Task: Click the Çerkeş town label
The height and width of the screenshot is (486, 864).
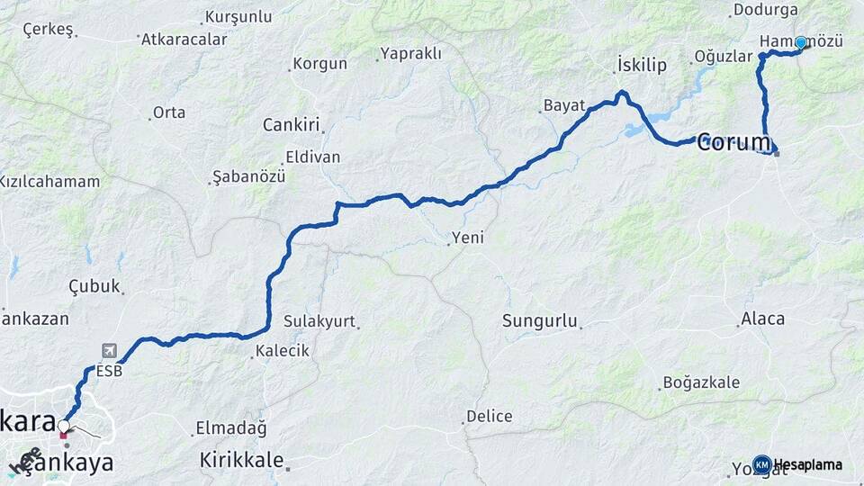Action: [x=48, y=29]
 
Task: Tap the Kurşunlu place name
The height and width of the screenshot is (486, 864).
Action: [x=238, y=16]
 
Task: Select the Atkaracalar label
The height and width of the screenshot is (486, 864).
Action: [x=184, y=40]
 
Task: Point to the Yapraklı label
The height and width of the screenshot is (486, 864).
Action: [x=411, y=53]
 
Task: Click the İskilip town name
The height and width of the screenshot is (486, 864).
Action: [x=642, y=64]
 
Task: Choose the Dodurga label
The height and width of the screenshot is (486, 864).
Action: [x=765, y=10]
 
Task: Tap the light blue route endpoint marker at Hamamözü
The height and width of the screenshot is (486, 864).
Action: [x=800, y=42]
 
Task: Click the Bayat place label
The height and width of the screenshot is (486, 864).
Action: [x=564, y=105]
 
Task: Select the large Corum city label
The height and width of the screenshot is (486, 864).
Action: [x=734, y=141]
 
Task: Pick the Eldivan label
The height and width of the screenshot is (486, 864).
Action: [x=312, y=157]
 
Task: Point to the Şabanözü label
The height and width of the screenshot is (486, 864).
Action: [x=248, y=176]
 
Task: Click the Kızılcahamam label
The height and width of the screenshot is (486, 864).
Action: [x=49, y=182]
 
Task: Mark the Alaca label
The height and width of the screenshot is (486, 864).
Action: [x=762, y=319]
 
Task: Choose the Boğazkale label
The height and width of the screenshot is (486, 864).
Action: [x=701, y=382]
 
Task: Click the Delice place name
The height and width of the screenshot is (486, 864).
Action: [x=490, y=417]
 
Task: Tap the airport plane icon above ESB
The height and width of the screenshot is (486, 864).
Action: [x=109, y=350]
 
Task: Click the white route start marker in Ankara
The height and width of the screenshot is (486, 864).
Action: [x=64, y=425]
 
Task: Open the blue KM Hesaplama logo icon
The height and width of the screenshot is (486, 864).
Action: [x=761, y=464]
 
